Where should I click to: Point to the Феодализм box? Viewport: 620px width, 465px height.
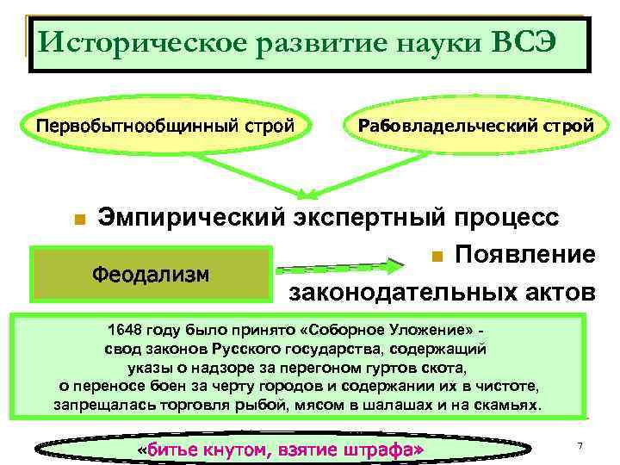(x=151, y=274)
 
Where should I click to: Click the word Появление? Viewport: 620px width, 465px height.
(x=524, y=255)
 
